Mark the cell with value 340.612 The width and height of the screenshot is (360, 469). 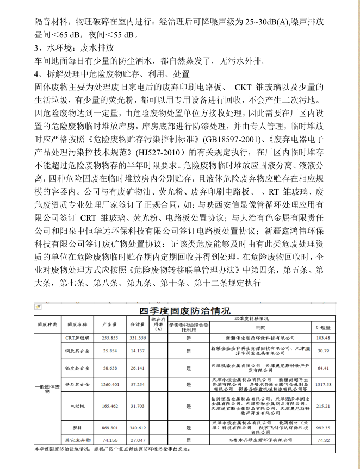(137, 428)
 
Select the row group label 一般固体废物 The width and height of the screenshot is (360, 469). (47, 388)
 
